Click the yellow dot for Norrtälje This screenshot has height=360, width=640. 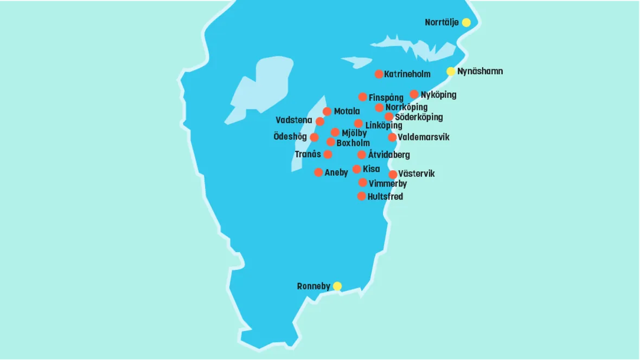[466, 22]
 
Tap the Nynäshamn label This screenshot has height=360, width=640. [480, 71]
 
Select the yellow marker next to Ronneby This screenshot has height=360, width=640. [337, 286]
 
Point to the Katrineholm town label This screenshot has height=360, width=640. [407, 74]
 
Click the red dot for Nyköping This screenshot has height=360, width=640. [414, 94]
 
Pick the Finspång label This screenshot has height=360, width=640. [386, 98]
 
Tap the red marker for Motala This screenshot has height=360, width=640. [327, 111]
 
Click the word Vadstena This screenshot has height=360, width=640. [294, 120]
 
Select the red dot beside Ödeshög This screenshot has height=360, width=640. [314, 137]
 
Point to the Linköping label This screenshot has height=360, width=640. [383, 125]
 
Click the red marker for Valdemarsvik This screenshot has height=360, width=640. [392, 137]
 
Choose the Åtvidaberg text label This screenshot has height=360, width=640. [389, 155]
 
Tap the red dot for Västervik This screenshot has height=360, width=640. [393, 175]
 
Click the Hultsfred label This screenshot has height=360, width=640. [385, 196]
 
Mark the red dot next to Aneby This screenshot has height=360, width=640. [318, 172]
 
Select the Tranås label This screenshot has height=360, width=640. [308, 155]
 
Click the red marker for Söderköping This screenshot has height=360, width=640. [389, 117]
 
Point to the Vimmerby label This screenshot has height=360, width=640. [388, 184]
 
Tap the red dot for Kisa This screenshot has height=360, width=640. [356, 169]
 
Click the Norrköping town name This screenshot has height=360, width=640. [406, 107]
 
